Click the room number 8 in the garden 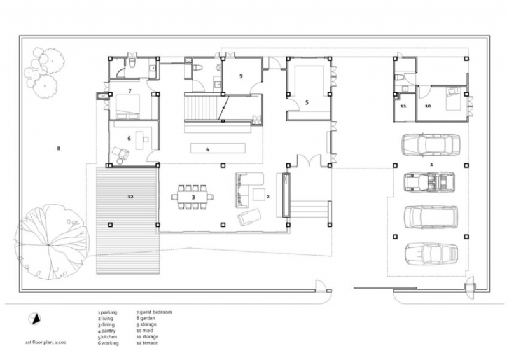(x=58, y=149)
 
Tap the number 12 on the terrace (x=130, y=197)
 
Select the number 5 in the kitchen (x=307, y=102)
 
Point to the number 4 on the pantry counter (x=207, y=149)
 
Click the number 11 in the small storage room (x=403, y=106)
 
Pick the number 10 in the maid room (x=428, y=106)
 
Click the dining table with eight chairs (x=192, y=197)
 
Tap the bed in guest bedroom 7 (x=129, y=105)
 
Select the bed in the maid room (x=453, y=99)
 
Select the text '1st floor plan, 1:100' (x=47, y=342)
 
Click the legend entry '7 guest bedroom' (x=154, y=312)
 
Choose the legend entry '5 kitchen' (x=108, y=337)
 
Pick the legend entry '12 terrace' (x=148, y=343)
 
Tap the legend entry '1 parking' (x=109, y=313)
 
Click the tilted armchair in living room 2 (x=248, y=218)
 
